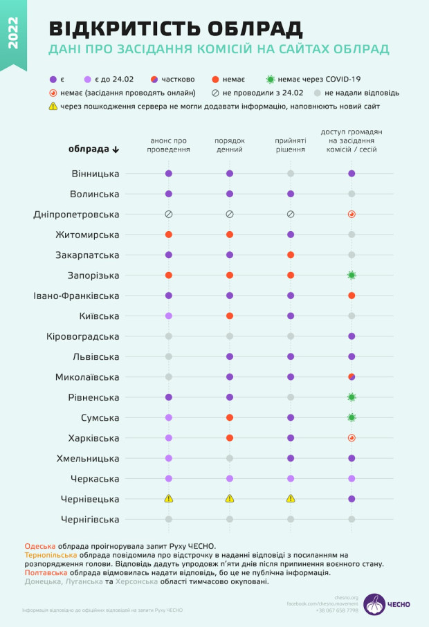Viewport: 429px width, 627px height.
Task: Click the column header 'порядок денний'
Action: pyautogui.click(x=229, y=145)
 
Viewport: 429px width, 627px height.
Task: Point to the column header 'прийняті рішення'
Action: pyautogui.click(x=291, y=145)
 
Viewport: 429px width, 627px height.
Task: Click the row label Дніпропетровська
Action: pyautogui.click(x=76, y=215)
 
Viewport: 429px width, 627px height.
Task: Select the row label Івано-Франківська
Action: pyautogui.click(x=76, y=296)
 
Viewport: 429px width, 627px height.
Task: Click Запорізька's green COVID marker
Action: pyautogui.click(x=352, y=275)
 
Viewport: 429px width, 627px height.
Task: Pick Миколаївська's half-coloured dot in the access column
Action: pyautogui.click(x=352, y=377)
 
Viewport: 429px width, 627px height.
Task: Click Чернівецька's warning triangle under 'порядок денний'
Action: pyautogui.click(x=230, y=498)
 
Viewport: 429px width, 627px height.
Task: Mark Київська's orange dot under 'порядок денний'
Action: pyautogui.click(x=230, y=316)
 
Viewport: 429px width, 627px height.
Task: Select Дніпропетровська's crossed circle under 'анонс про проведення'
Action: pyautogui.click(x=168, y=215)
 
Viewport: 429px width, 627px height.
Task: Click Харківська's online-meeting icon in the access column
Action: pyautogui.click(x=352, y=438)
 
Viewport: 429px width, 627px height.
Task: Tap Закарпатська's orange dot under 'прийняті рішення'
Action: pyautogui.click(x=291, y=255)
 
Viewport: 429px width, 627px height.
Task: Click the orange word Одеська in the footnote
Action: pyautogui.click(x=39, y=547)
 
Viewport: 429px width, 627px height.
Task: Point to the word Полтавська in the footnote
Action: pyautogui.click(x=45, y=573)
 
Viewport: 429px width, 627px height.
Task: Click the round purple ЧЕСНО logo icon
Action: pyautogui.click(x=374, y=604)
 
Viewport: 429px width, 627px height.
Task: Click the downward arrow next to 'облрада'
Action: pyautogui.click(x=116, y=149)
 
